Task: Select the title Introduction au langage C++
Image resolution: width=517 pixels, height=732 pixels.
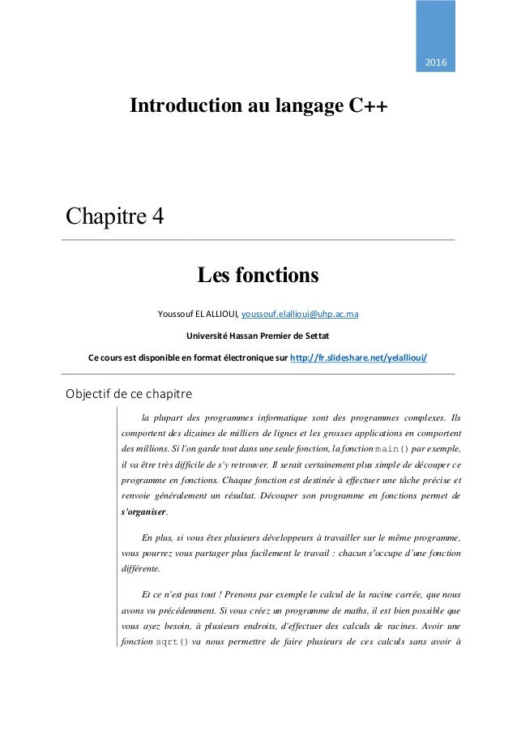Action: [258, 108]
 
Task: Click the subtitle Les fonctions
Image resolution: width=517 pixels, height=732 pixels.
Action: [258, 276]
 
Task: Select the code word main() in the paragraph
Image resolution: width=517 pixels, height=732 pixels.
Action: [393, 448]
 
